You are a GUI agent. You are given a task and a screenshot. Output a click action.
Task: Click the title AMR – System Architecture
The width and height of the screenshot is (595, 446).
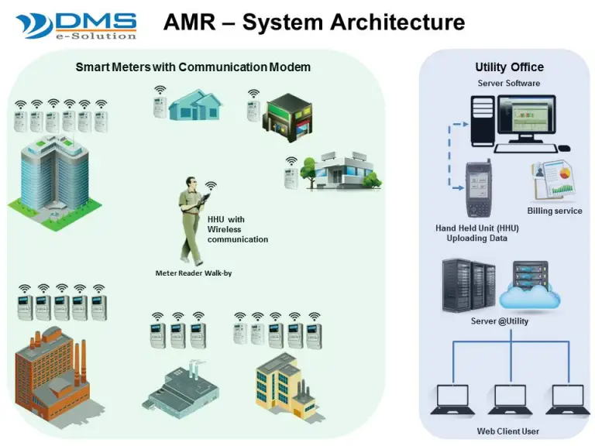[314, 22]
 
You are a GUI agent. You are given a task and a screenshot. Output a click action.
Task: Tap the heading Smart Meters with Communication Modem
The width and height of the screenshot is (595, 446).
[193, 67]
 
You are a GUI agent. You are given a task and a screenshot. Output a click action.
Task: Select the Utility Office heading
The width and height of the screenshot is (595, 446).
[509, 67]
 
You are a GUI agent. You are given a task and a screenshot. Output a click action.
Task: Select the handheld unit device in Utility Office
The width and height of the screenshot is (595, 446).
[476, 190]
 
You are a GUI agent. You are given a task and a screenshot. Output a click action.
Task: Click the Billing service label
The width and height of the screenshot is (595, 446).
[554, 211]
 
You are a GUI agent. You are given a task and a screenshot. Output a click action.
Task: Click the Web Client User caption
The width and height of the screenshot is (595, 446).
[507, 431]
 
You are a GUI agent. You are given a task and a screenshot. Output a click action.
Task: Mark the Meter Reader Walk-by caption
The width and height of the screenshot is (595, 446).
[191, 273]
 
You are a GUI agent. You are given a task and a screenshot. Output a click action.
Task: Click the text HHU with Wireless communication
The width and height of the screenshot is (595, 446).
[237, 229]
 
